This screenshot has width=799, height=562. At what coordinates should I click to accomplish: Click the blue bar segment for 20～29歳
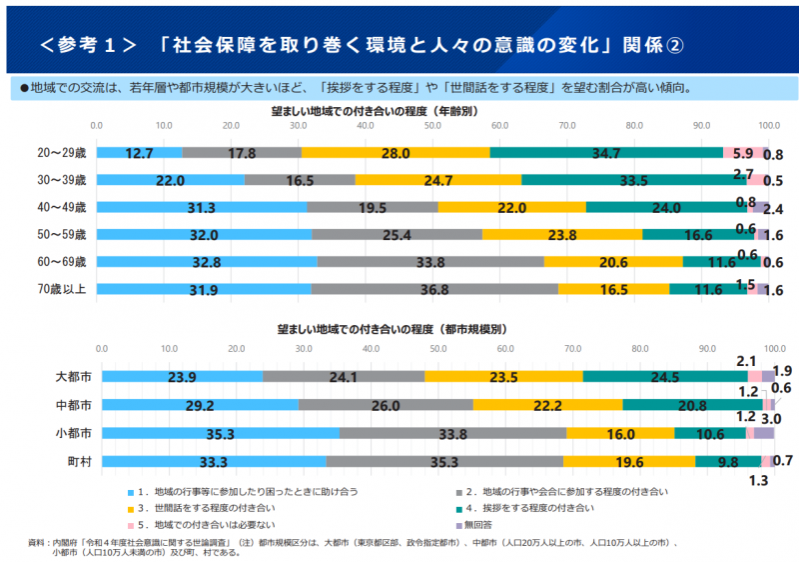click(x=140, y=153)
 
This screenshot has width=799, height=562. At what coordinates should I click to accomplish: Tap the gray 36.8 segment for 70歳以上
click(x=434, y=289)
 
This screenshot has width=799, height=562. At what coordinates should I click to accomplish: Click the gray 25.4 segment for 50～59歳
click(x=397, y=234)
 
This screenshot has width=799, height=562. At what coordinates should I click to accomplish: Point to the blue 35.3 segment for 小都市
click(x=220, y=433)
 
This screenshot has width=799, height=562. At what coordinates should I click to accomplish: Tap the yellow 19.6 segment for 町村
click(x=629, y=461)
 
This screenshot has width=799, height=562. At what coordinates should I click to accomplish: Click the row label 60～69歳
click(x=63, y=262)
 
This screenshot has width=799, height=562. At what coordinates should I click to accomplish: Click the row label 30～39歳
click(x=63, y=180)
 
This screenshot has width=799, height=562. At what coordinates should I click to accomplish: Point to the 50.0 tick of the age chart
click(x=432, y=125)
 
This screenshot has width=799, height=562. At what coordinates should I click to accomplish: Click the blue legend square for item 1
click(x=130, y=492)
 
